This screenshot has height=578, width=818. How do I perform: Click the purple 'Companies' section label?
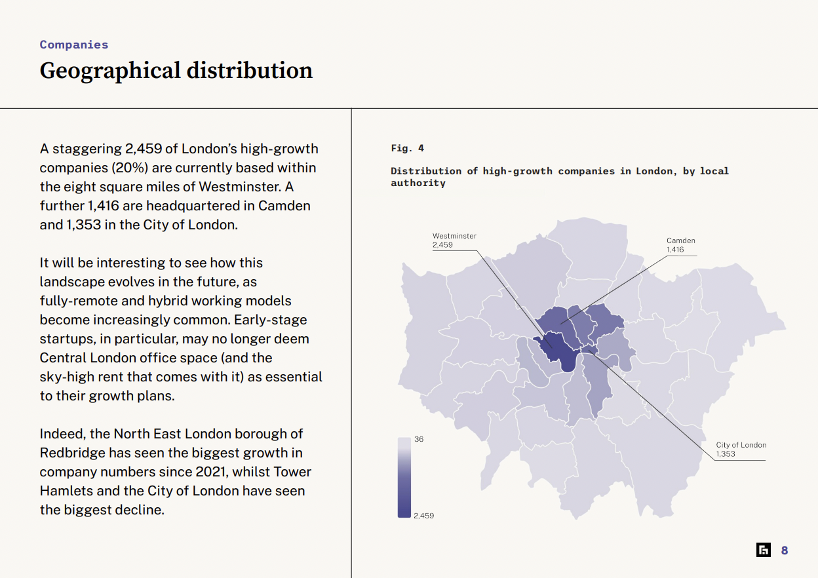(74, 45)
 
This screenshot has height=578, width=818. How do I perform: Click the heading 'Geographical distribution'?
(176, 70)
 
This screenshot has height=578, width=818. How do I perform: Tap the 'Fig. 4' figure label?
(407, 148)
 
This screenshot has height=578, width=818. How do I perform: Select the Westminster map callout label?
(454, 236)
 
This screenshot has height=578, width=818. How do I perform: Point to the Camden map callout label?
(681, 241)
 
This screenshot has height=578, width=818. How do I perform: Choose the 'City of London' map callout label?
(741, 445)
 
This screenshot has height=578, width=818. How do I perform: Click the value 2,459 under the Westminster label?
(442, 245)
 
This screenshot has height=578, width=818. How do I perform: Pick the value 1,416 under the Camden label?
(675, 250)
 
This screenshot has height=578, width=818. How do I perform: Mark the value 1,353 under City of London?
(726, 454)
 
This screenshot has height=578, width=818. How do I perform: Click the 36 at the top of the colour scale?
(419, 439)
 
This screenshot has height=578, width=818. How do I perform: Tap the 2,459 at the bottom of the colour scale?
(423, 516)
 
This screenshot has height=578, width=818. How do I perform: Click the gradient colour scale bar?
(404, 477)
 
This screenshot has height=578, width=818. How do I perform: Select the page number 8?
(785, 550)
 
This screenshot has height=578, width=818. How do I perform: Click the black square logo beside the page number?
(763, 550)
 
